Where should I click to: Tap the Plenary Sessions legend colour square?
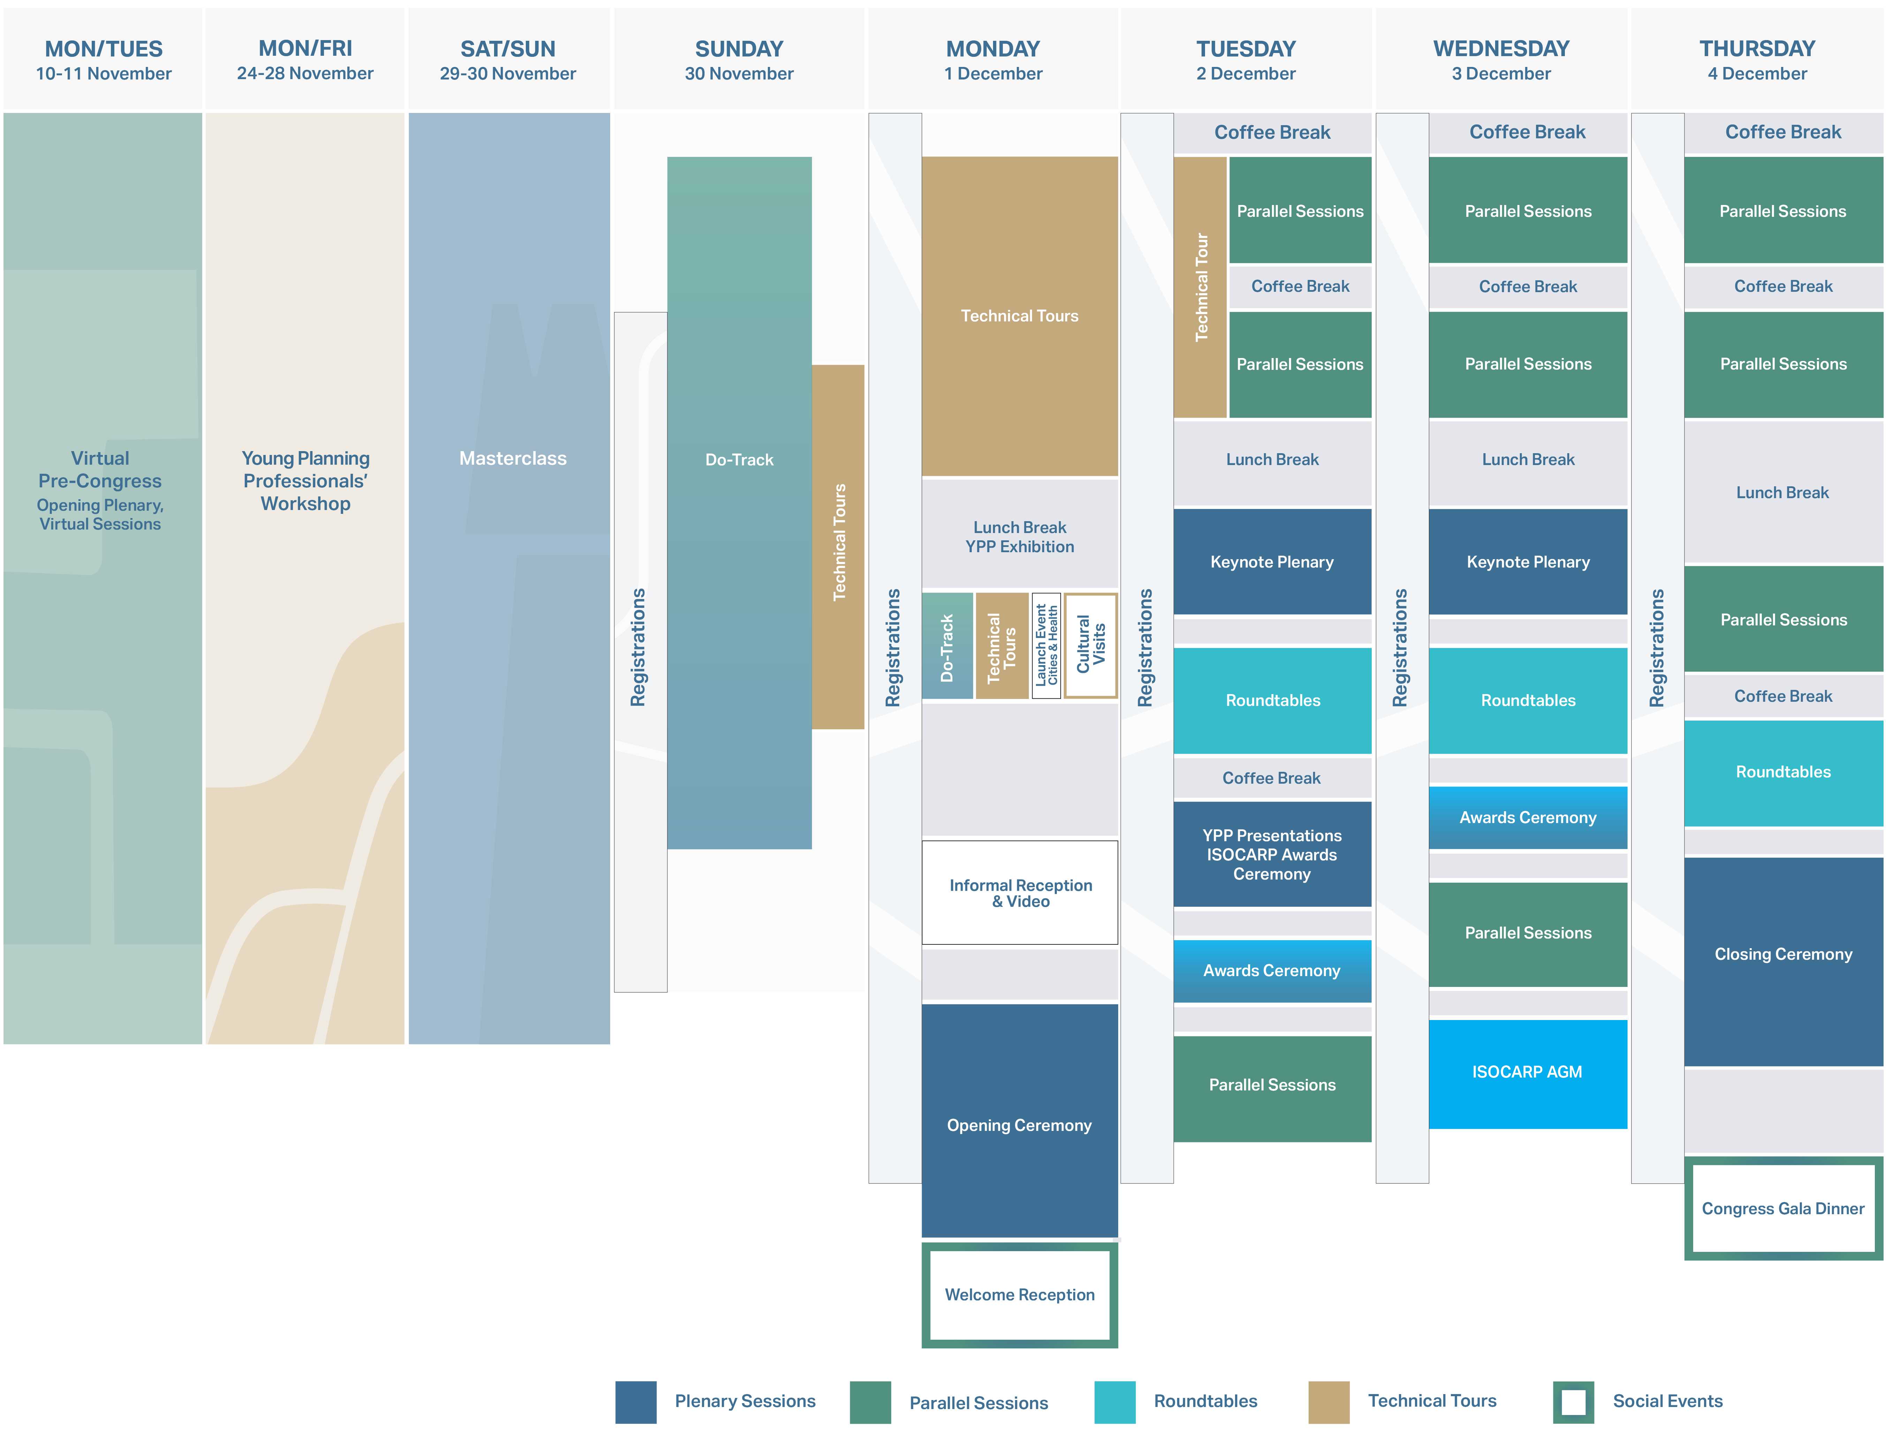tap(636, 1401)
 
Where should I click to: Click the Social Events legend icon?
tap(1573, 1401)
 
